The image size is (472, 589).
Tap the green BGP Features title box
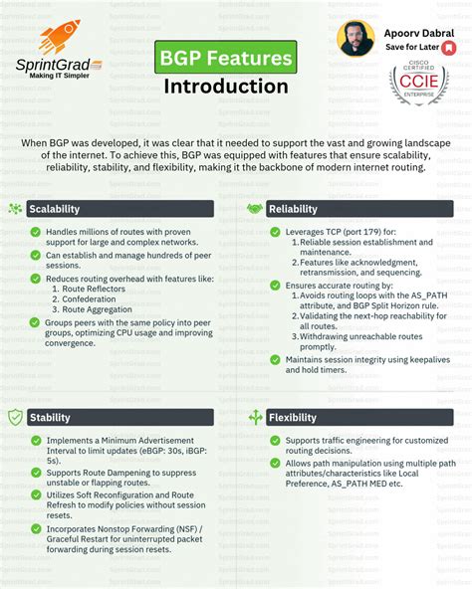tap(227, 58)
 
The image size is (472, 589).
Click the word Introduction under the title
tap(226, 86)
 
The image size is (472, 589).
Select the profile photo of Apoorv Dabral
tap(355, 38)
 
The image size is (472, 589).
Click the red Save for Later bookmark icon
tap(449, 48)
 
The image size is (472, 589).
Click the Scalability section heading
tap(55, 209)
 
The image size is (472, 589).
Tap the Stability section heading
tap(50, 417)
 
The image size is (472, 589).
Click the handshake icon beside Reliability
tap(255, 209)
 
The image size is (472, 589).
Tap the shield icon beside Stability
tap(15, 417)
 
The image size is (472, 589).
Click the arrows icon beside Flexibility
tap(255, 417)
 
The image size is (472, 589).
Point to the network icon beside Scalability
tap(15, 209)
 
